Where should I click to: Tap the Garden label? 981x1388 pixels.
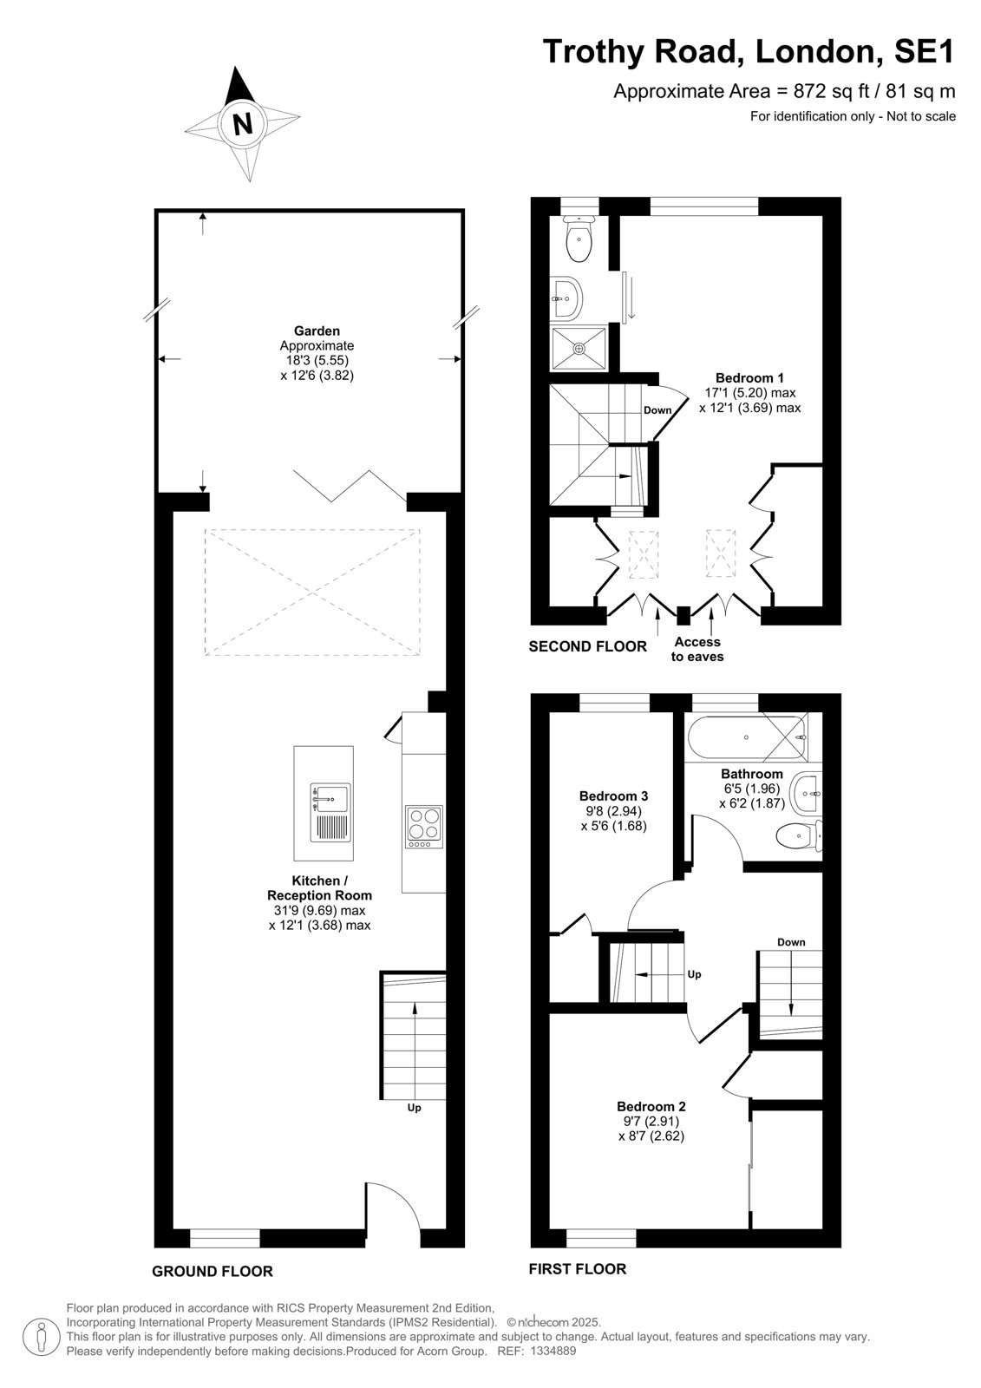tap(317, 331)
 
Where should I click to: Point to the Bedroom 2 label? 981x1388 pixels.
tap(651, 1106)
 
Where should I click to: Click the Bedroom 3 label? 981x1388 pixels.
tap(613, 796)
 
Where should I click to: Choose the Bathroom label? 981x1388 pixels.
tap(752, 774)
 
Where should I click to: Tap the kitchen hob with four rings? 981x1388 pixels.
tap(424, 827)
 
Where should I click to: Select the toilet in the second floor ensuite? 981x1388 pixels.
tap(579, 239)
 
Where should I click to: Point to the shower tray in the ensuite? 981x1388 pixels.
tap(579, 348)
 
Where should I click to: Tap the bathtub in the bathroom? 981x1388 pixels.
tap(746, 738)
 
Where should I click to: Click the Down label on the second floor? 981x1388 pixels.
tap(657, 410)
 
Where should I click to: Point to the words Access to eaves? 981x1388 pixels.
tap(697, 650)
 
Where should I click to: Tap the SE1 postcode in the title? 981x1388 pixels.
tap(924, 52)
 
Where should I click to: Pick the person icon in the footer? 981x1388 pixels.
tap(42, 1339)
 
